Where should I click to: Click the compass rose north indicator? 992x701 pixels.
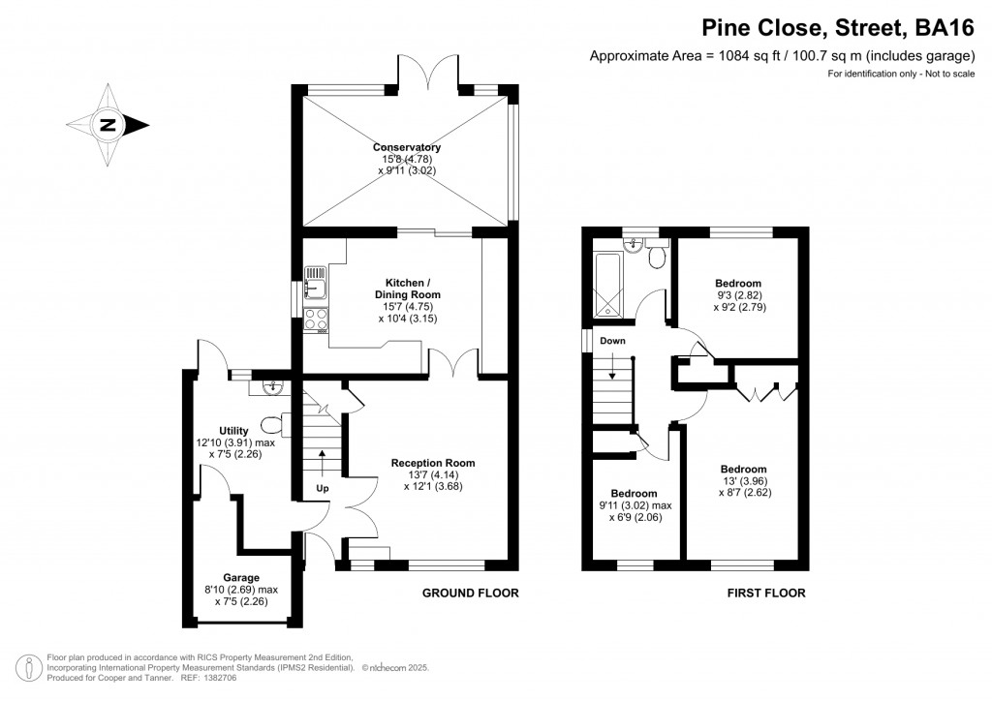tap(108, 125)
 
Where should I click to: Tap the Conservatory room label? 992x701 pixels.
tap(408, 147)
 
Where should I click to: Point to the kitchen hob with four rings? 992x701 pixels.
tap(317, 320)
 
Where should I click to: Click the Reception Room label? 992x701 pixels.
tap(433, 463)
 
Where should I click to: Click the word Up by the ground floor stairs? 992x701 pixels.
tap(323, 489)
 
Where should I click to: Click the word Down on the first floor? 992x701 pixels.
tap(612, 341)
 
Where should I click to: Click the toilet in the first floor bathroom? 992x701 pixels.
tap(656, 257)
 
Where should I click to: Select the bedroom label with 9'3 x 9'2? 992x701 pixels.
tap(739, 283)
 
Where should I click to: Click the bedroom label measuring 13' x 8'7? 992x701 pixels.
tap(744, 469)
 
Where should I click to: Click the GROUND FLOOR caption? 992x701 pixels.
tap(471, 594)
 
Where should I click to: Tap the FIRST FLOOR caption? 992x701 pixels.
tap(766, 594)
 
